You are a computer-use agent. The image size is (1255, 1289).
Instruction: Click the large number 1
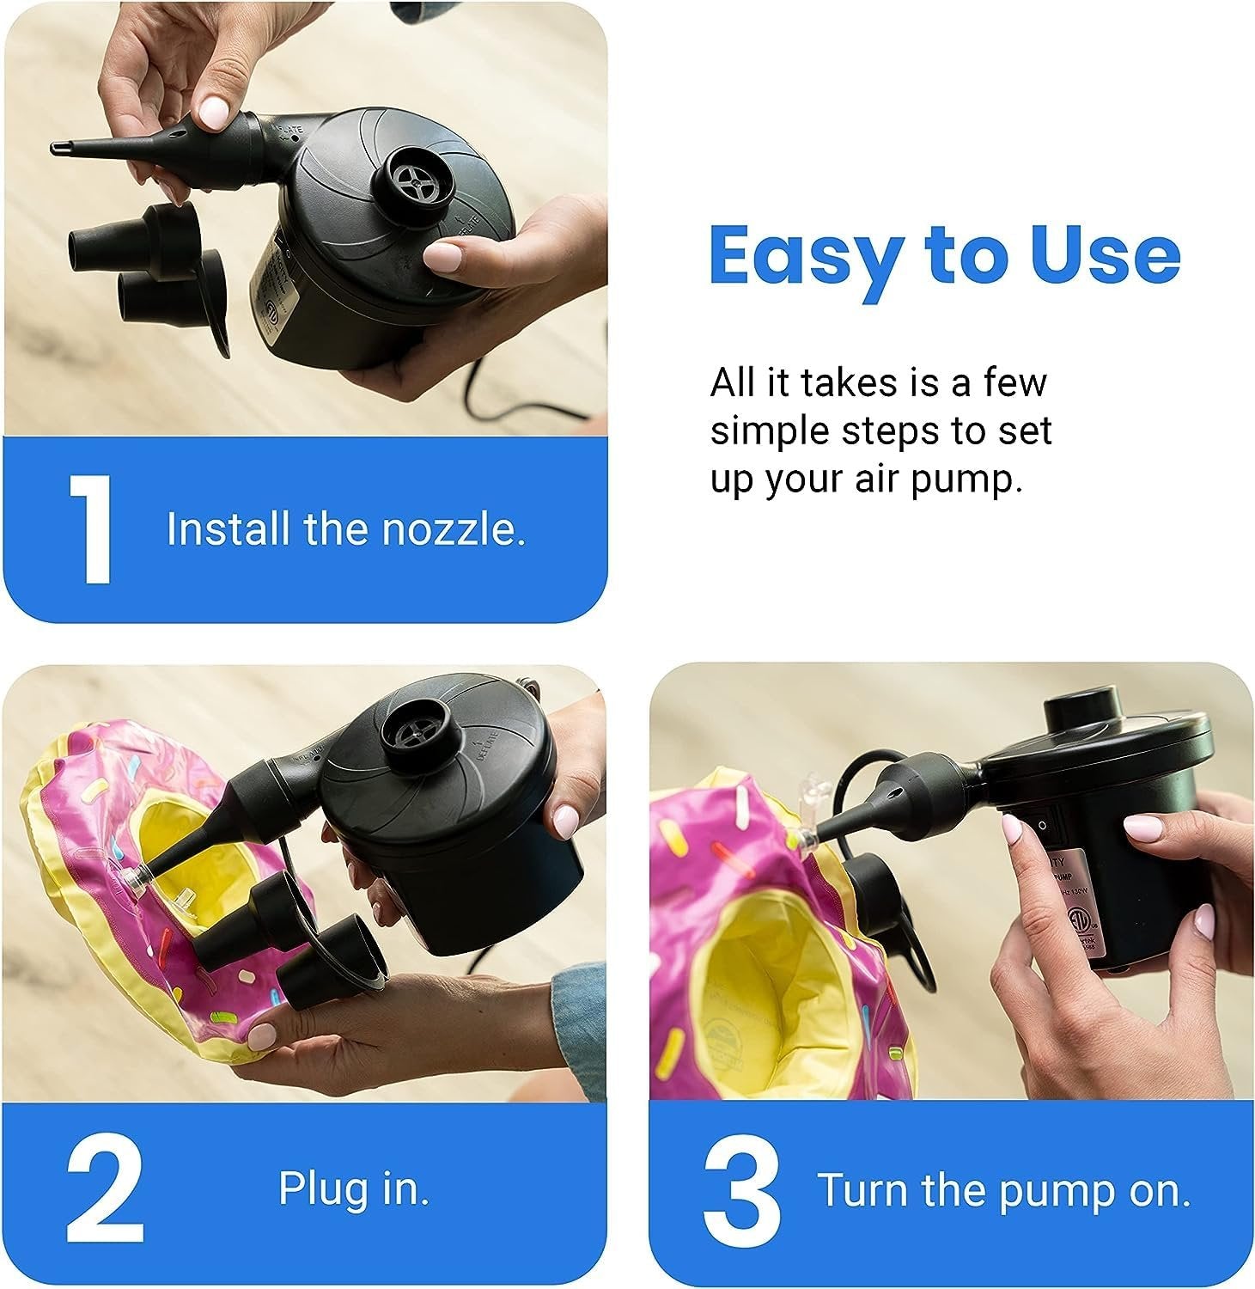(89, 528)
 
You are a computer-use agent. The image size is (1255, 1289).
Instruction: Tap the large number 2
(104, 1192)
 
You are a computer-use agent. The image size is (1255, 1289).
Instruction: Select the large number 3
(741, 1192)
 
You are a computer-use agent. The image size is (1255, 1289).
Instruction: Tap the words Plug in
(353, 1188)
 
